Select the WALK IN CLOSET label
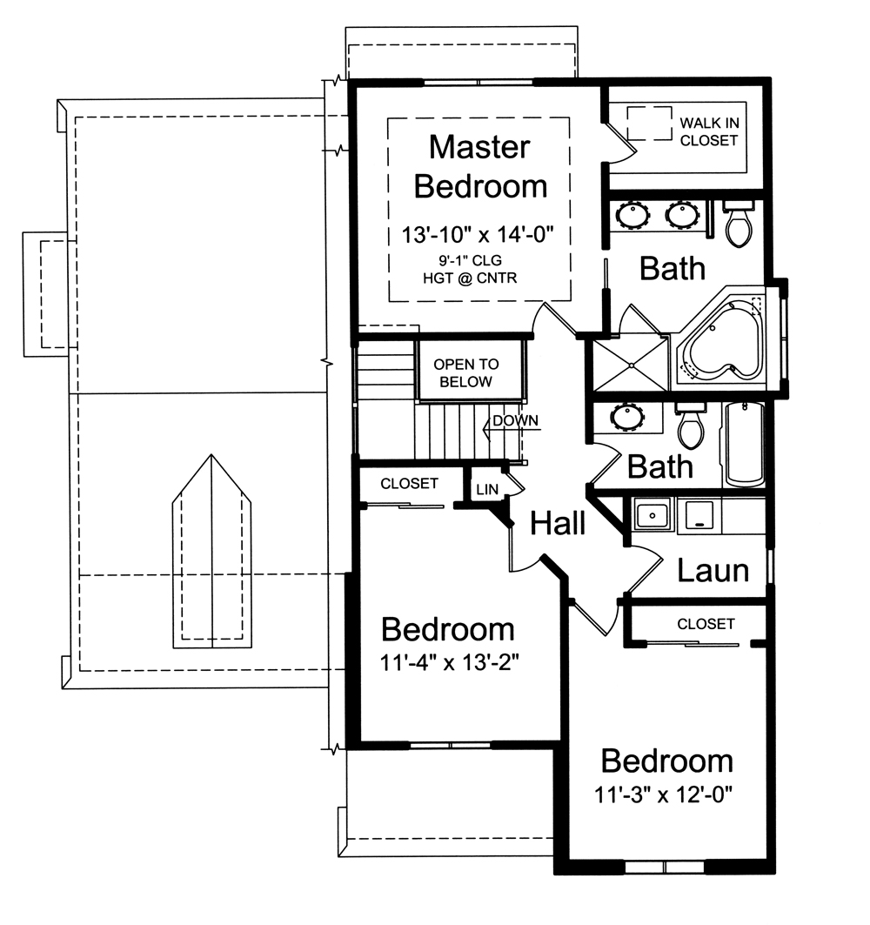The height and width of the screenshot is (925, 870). tap(709, 131)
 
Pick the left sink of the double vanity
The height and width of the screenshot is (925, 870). tap(631, 214)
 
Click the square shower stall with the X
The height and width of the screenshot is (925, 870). tap(628, 363)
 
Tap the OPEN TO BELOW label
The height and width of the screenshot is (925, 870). tap(466, 373)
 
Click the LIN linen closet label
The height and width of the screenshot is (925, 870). tap(486, 490)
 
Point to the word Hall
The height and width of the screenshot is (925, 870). tap(558, 524)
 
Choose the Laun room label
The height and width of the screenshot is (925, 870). tap(713, 571)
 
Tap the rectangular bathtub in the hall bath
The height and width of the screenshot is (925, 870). tap(744, 444)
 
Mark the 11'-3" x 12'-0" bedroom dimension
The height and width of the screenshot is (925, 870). tap(667, 795)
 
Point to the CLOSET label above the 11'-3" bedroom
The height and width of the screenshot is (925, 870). tap(706, 624)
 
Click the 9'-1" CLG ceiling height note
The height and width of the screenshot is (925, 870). tap(478, 260)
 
